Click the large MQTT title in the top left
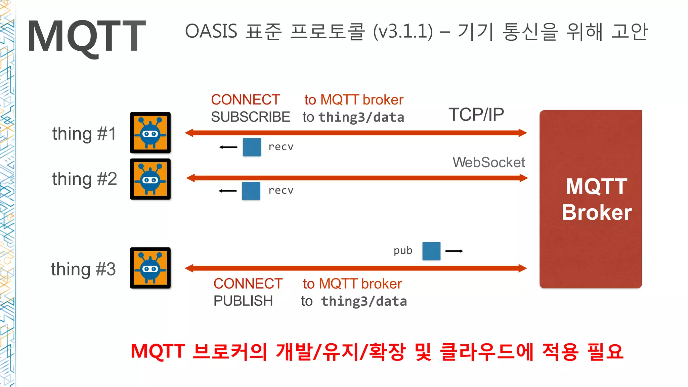pos(86,36)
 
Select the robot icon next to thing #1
pos(150,133)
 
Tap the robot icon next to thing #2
pos(150,179)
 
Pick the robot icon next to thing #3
pos(150,268)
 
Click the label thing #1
pos(84,134)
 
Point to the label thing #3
pos(83,269)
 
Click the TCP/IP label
pos(476,115)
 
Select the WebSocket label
pos(488,163)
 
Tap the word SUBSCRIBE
pos(250,117)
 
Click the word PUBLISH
pos(243,301)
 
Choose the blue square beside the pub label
pos(431,251)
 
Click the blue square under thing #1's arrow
pos(252,147)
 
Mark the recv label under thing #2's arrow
pos(281,190)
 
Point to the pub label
pos(403,251)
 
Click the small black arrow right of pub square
pos(454,251)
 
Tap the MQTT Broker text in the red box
pos(596,199)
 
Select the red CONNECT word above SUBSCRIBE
pos(245,100)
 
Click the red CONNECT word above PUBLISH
pos(248,284)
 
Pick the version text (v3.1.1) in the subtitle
pos(403,32)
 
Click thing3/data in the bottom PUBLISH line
pos(364,301)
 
